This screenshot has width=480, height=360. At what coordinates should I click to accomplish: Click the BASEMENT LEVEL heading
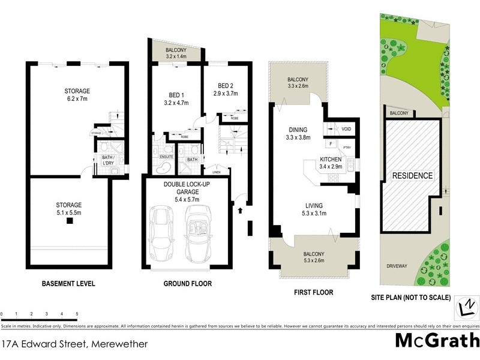tap(68, 283)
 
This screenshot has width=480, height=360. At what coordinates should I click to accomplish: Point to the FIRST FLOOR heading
tap(314, 292)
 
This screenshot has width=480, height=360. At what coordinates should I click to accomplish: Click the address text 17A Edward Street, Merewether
tap(75, 344)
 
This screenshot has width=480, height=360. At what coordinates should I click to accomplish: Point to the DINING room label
tap(298, 130)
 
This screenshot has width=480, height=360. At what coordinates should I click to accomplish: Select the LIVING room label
tap(314, 205)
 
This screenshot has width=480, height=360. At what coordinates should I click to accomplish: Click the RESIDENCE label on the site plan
tap(412, 176)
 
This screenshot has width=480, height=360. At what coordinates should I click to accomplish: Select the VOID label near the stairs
tap(346, 129)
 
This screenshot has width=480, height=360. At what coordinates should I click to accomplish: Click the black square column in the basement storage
tap(70, 221)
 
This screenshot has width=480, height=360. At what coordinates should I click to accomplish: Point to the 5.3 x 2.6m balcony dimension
tap(314, 261)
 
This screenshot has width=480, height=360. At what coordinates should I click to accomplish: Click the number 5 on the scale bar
tap(77, 314)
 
